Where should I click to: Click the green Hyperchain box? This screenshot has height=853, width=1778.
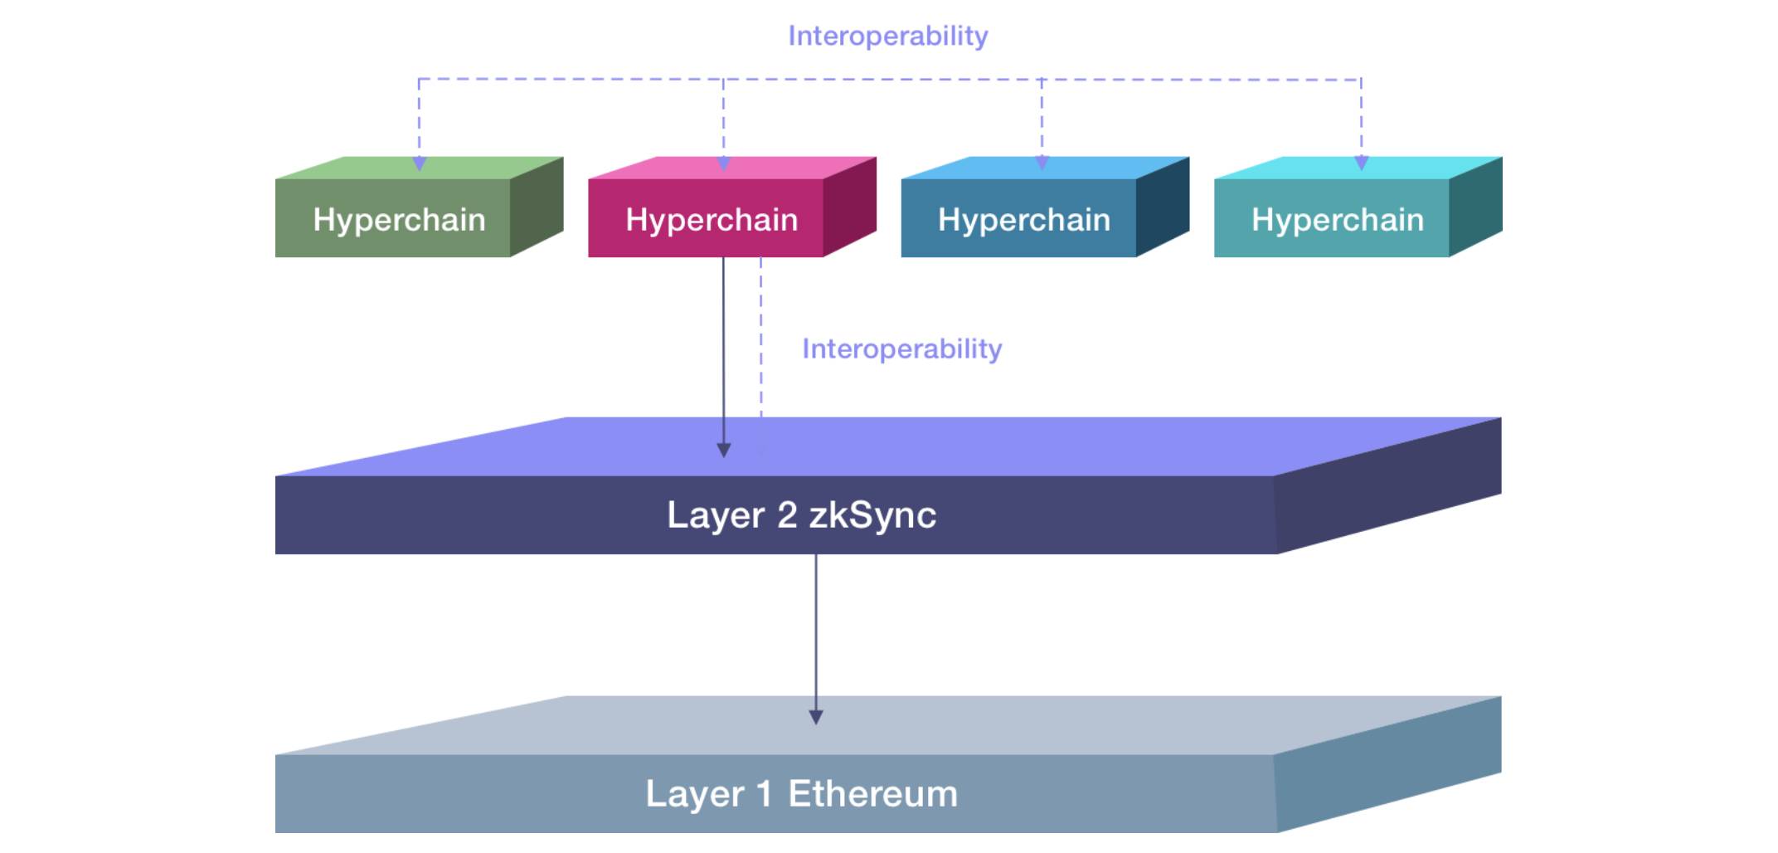pos(419,207)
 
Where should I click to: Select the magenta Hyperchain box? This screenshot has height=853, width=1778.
pos(732,207)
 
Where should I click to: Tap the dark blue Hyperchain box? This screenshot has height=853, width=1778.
pos(1045,207)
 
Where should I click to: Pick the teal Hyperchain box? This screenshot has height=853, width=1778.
pos(1358,207)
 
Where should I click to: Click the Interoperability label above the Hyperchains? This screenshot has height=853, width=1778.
pos(887,37)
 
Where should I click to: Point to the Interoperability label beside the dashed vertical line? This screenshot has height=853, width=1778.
pos(901,349)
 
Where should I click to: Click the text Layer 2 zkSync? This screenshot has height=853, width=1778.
pos(802,515)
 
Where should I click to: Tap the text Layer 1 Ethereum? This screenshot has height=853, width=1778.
pos(802,794)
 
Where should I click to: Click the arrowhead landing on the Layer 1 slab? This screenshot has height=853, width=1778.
pos(816,718)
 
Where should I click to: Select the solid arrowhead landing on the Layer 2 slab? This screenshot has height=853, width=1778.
pos(723,451)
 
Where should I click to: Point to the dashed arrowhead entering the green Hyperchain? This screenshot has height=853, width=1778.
pos(420,163)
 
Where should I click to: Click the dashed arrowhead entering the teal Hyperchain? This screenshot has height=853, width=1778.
pos(1361,163)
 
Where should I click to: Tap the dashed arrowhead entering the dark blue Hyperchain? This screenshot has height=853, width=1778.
pos(1042,163)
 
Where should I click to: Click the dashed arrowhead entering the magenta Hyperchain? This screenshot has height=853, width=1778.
pos(723,163)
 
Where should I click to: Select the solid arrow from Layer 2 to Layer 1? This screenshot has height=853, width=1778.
pos(816,640)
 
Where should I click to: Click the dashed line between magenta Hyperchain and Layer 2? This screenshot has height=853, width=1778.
pos(761,337)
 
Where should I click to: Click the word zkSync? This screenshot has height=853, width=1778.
pos(873,515)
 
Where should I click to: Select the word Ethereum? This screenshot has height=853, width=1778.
pos(873,794)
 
